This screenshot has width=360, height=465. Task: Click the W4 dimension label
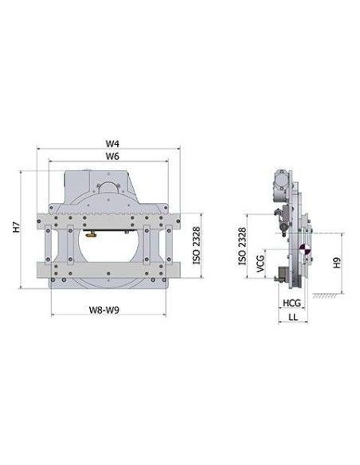coord(112,143)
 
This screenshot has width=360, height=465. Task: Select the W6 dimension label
coord(112,156)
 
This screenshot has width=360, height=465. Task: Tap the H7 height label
coord(16,227)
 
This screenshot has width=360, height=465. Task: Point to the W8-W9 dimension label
coord(104,310)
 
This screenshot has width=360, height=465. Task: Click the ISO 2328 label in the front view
coord(196,245)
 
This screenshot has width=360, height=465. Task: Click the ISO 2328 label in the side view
coord(242,246)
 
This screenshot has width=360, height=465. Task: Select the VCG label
coord(260,263)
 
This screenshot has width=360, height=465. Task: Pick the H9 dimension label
coord(337,263)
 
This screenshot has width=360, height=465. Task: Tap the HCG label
coord(292,303)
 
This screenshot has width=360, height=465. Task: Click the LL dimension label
coord(293,317)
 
